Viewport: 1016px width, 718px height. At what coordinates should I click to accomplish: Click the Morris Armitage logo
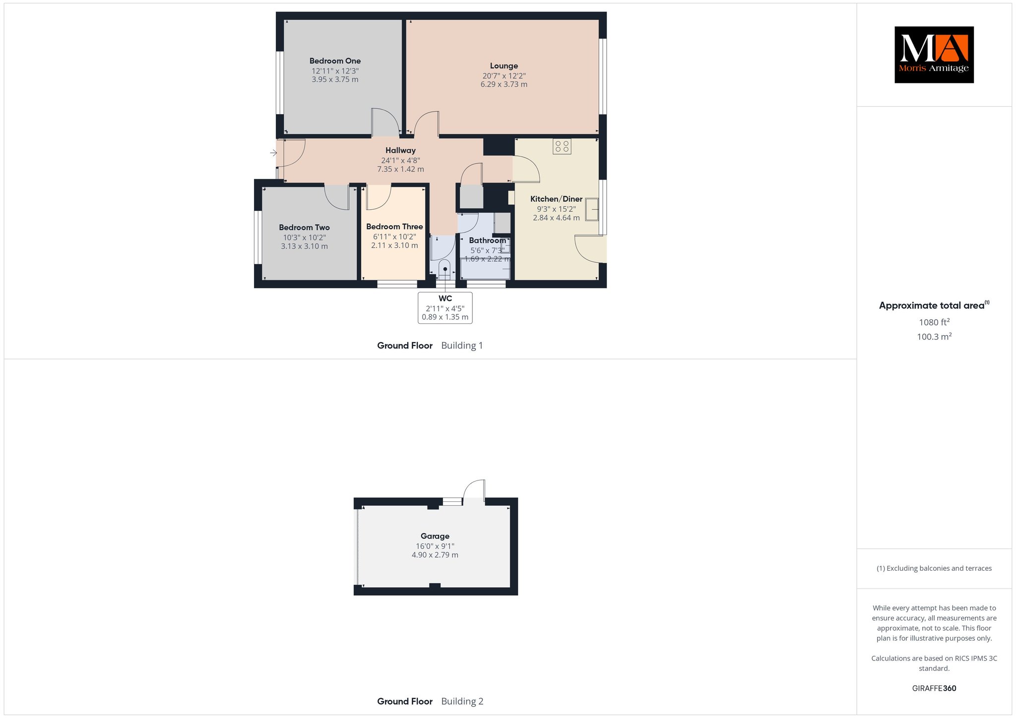tap(934, 55)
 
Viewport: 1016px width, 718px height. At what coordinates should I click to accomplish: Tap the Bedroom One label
tap(335, 61)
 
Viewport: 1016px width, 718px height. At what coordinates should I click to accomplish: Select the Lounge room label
tap(504, 66)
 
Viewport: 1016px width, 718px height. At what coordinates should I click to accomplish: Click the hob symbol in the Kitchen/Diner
tap(562, 146)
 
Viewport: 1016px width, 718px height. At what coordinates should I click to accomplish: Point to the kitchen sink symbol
tap(592, 209)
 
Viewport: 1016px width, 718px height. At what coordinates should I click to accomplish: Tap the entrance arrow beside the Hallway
tap(273, 153)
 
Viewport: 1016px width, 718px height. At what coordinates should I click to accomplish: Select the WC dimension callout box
tap(445, 308)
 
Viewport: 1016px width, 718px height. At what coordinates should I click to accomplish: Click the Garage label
tap(435, 536)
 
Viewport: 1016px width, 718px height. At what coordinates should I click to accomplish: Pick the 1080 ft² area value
tap(934, 322)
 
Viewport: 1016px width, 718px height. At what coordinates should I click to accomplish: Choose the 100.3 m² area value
tap(934, 337)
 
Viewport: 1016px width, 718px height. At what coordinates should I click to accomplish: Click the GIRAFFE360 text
tap(934, 688)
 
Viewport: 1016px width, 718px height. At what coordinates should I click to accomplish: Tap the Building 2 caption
tap(462, 701)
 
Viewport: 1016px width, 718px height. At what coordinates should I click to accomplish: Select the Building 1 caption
tap(462, 346)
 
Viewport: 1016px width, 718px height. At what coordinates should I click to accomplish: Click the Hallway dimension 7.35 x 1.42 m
tap(400, 169)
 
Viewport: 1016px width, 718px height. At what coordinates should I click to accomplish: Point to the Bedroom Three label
tap(394, 227)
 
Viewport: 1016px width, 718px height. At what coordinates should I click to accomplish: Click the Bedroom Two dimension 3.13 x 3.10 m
tap(304, 246)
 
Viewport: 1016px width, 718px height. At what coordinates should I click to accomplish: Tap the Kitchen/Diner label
tap(556, 199)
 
